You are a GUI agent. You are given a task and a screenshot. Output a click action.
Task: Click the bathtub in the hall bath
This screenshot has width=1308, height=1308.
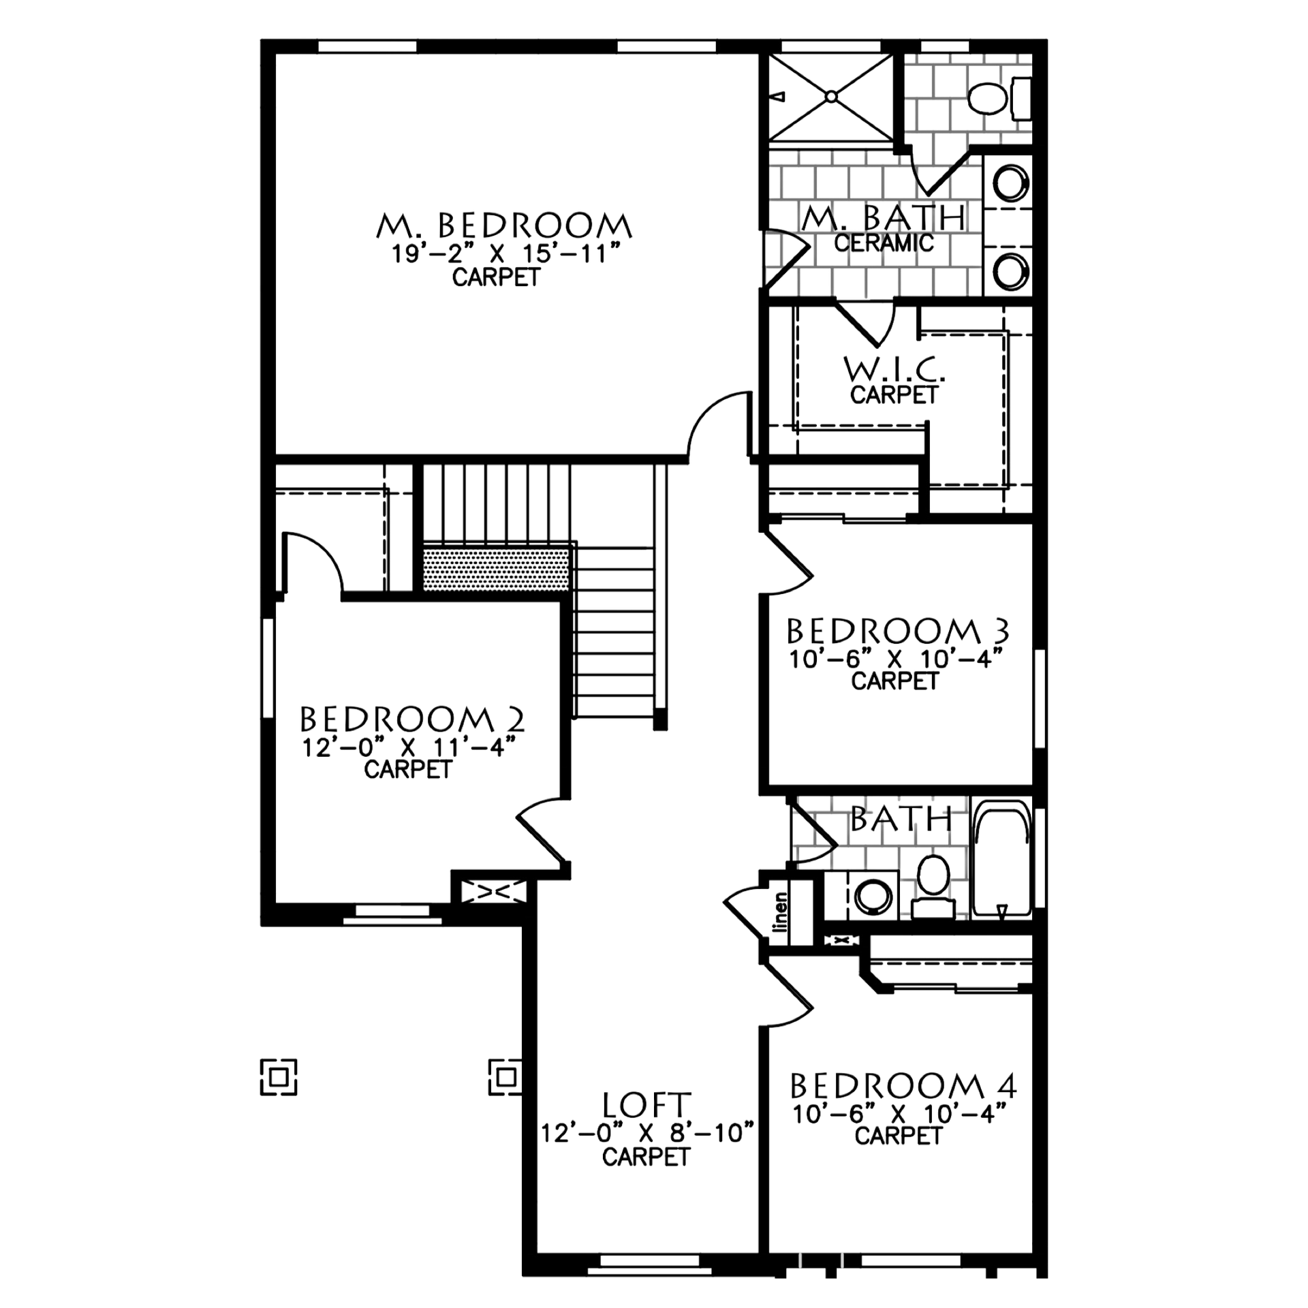tap(1001, 860)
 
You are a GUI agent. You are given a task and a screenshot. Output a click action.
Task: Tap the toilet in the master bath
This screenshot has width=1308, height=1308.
tap(988, 99)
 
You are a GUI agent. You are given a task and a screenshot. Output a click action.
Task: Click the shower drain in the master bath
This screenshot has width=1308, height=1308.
tap(831, 97)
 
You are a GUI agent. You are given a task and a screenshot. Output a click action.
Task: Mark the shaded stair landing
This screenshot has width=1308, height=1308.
tap(495, 567)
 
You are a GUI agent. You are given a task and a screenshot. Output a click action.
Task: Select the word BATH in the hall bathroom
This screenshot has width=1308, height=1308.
tap(899, 822)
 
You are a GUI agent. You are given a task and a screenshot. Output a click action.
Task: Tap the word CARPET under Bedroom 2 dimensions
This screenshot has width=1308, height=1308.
tap(409, 770)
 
